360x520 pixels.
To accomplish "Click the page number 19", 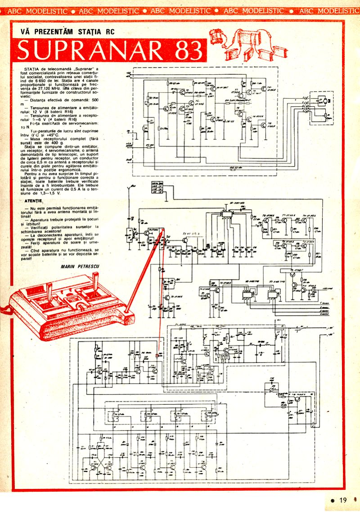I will [343, 500].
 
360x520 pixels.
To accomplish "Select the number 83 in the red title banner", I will [186, 50].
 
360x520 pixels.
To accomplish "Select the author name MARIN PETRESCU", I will [79, 267].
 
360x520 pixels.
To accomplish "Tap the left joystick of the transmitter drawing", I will [49, 289].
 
